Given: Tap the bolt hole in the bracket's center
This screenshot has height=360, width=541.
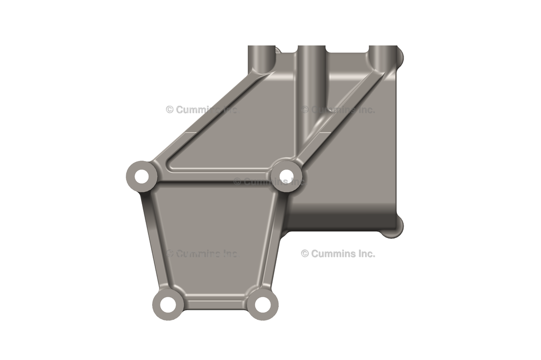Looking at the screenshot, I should (x=286, y=174).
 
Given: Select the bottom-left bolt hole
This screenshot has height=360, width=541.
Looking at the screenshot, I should (x=169, y=304).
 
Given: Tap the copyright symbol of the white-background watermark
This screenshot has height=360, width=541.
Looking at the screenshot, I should (x=305, y=253).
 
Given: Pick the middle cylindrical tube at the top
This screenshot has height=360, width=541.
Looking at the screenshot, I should (x=311, y=58).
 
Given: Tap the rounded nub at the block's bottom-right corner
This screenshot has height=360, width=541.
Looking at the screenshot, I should (x=399, y=225).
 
